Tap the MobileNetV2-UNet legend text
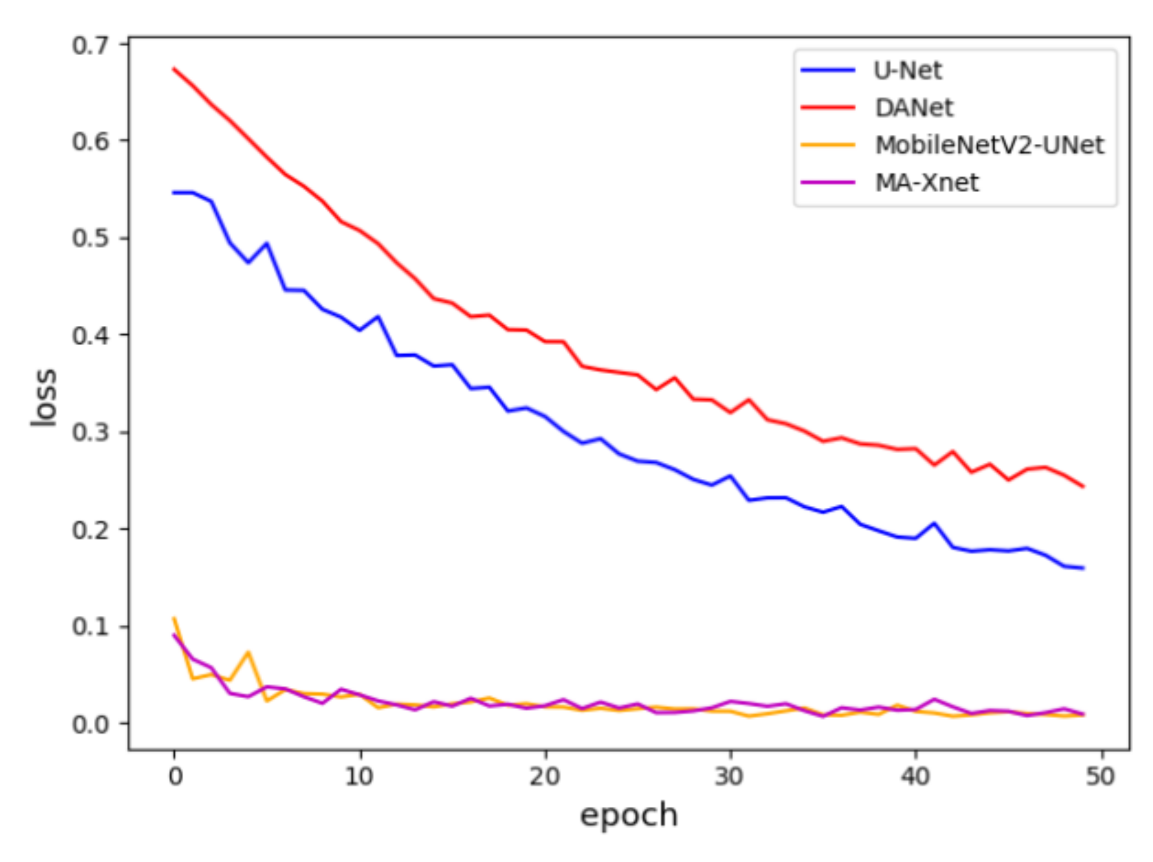(989, 145)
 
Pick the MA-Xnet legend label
(926, 183)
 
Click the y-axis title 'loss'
(44, 396)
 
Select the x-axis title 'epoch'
(628, 815)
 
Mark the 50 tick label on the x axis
(1100, 776)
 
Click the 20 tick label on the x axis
(544, 776)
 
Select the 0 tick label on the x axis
(175, 776)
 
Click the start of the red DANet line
(174, 69)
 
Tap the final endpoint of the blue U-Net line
(1082, 568)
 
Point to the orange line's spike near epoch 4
(249, 652)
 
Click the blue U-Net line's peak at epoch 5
(267, 243)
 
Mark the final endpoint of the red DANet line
(1082, 486)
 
